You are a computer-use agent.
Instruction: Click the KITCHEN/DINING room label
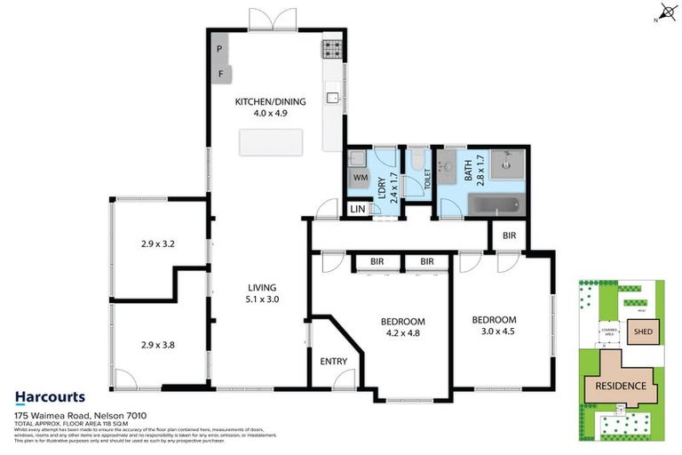click(270, 102)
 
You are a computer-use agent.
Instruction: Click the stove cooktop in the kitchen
click(332, 48)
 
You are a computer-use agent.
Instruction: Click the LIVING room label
click(263, 287)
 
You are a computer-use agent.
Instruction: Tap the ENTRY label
click(333, 361)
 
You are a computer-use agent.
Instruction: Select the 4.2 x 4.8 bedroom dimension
click(403, 335)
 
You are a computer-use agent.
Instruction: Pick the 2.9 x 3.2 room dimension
click(160, 243)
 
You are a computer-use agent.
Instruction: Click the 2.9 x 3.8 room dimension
click(160, 346)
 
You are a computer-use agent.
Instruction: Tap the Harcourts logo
click(50, 397)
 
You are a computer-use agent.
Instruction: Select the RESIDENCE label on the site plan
click(621, 387)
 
